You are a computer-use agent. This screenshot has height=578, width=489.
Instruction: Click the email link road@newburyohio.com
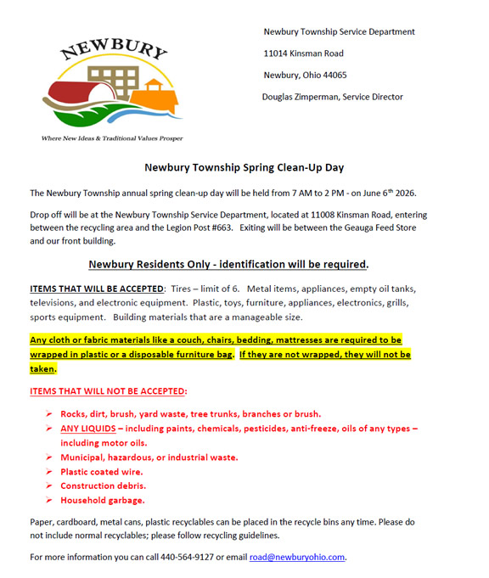[x=297, y=558]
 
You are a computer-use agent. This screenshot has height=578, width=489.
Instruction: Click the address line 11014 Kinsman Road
[x=303, y=53]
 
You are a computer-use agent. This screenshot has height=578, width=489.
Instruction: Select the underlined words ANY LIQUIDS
[x=87, y=429]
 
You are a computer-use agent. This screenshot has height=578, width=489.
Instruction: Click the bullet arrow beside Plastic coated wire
[x=49, y=472]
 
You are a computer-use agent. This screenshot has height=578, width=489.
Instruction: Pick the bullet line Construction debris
[x=103, y=486]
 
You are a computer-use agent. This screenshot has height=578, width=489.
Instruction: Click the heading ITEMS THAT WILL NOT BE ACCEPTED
[x=108, y=391]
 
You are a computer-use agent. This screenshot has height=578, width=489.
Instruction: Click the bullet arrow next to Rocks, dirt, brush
[x=49, y=414]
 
